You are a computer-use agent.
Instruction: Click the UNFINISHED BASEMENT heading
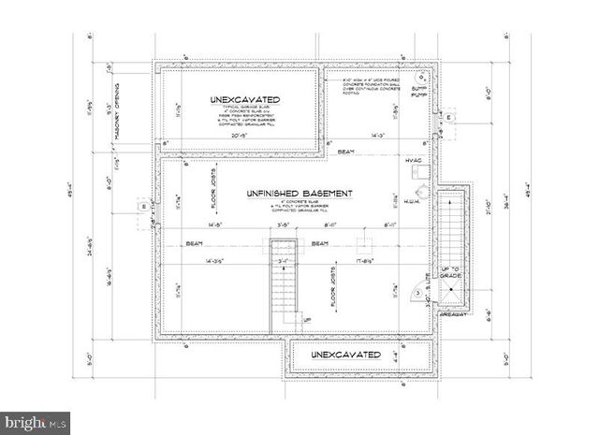click(299, 194)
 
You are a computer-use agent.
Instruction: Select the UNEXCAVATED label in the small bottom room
click(346, 355)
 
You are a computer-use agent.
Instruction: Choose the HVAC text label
click(415, 161)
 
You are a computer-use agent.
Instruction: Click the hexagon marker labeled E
click(449, 117)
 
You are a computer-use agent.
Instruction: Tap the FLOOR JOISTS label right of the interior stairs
click(332, 290)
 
